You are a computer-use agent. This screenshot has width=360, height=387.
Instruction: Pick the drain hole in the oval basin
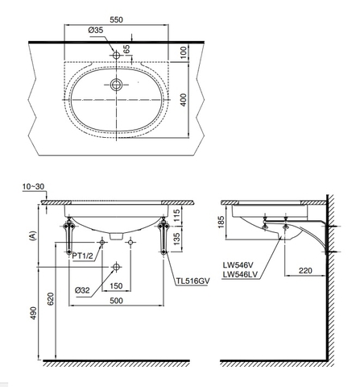tap(118, 84)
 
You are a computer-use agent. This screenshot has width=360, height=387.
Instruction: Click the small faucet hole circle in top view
tap(118, 53)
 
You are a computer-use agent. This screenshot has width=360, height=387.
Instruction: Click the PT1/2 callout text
tap(85, 256)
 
